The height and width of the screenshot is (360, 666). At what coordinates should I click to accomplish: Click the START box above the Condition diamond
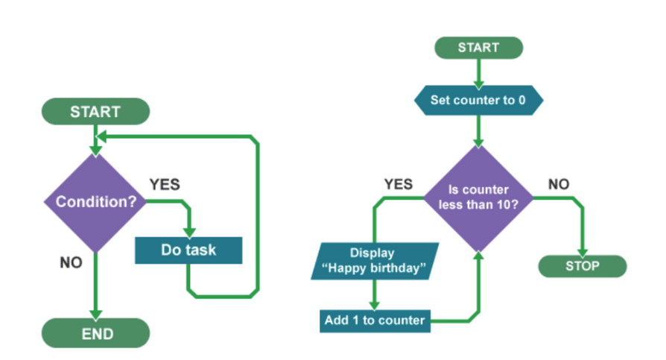click(95, 112)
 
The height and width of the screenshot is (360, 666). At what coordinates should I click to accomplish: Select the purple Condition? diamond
click(95, 201)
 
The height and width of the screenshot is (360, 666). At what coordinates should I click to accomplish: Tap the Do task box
click(188, 250)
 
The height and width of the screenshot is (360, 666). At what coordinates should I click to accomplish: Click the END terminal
click(95, 333)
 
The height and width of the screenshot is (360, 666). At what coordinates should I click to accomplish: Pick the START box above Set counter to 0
click(478, 48)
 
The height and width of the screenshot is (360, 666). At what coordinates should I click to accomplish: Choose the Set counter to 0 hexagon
click(478, 100)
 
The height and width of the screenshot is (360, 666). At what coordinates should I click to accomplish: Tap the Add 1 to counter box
click(374, 320)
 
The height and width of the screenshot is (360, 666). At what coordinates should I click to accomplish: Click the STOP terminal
click(582, 265)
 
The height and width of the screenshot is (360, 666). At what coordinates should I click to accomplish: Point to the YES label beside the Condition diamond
click(165, 184)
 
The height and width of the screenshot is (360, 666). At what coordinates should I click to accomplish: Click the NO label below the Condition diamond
click(71, 263)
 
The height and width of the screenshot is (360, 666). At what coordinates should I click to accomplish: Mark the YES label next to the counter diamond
click(398, 184)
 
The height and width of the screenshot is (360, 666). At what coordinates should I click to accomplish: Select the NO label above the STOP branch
click(559, 184)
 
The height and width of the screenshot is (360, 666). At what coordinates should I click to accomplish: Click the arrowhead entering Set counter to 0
click(478, 83)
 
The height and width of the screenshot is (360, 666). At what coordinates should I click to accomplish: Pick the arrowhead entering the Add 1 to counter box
click(374, 304)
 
